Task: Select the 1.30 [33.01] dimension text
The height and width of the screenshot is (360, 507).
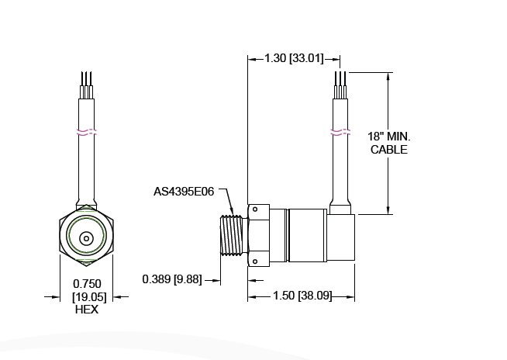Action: (295, 58)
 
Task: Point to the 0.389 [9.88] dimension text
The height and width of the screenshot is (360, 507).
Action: (171, 279)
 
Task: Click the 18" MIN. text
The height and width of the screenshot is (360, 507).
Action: (388, 137)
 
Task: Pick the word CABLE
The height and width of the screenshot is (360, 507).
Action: (388, 150)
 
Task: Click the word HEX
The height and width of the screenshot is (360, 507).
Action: (86, 309)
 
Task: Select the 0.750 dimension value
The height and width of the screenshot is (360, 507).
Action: (86, 284)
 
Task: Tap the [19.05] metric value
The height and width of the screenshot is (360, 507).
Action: (86, 296)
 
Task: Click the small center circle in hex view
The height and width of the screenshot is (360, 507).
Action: (86, 238)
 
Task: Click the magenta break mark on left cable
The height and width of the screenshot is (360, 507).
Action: (86, 131)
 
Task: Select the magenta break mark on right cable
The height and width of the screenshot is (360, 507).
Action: (340, 131)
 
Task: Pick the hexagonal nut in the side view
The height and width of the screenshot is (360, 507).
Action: (258, 236)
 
